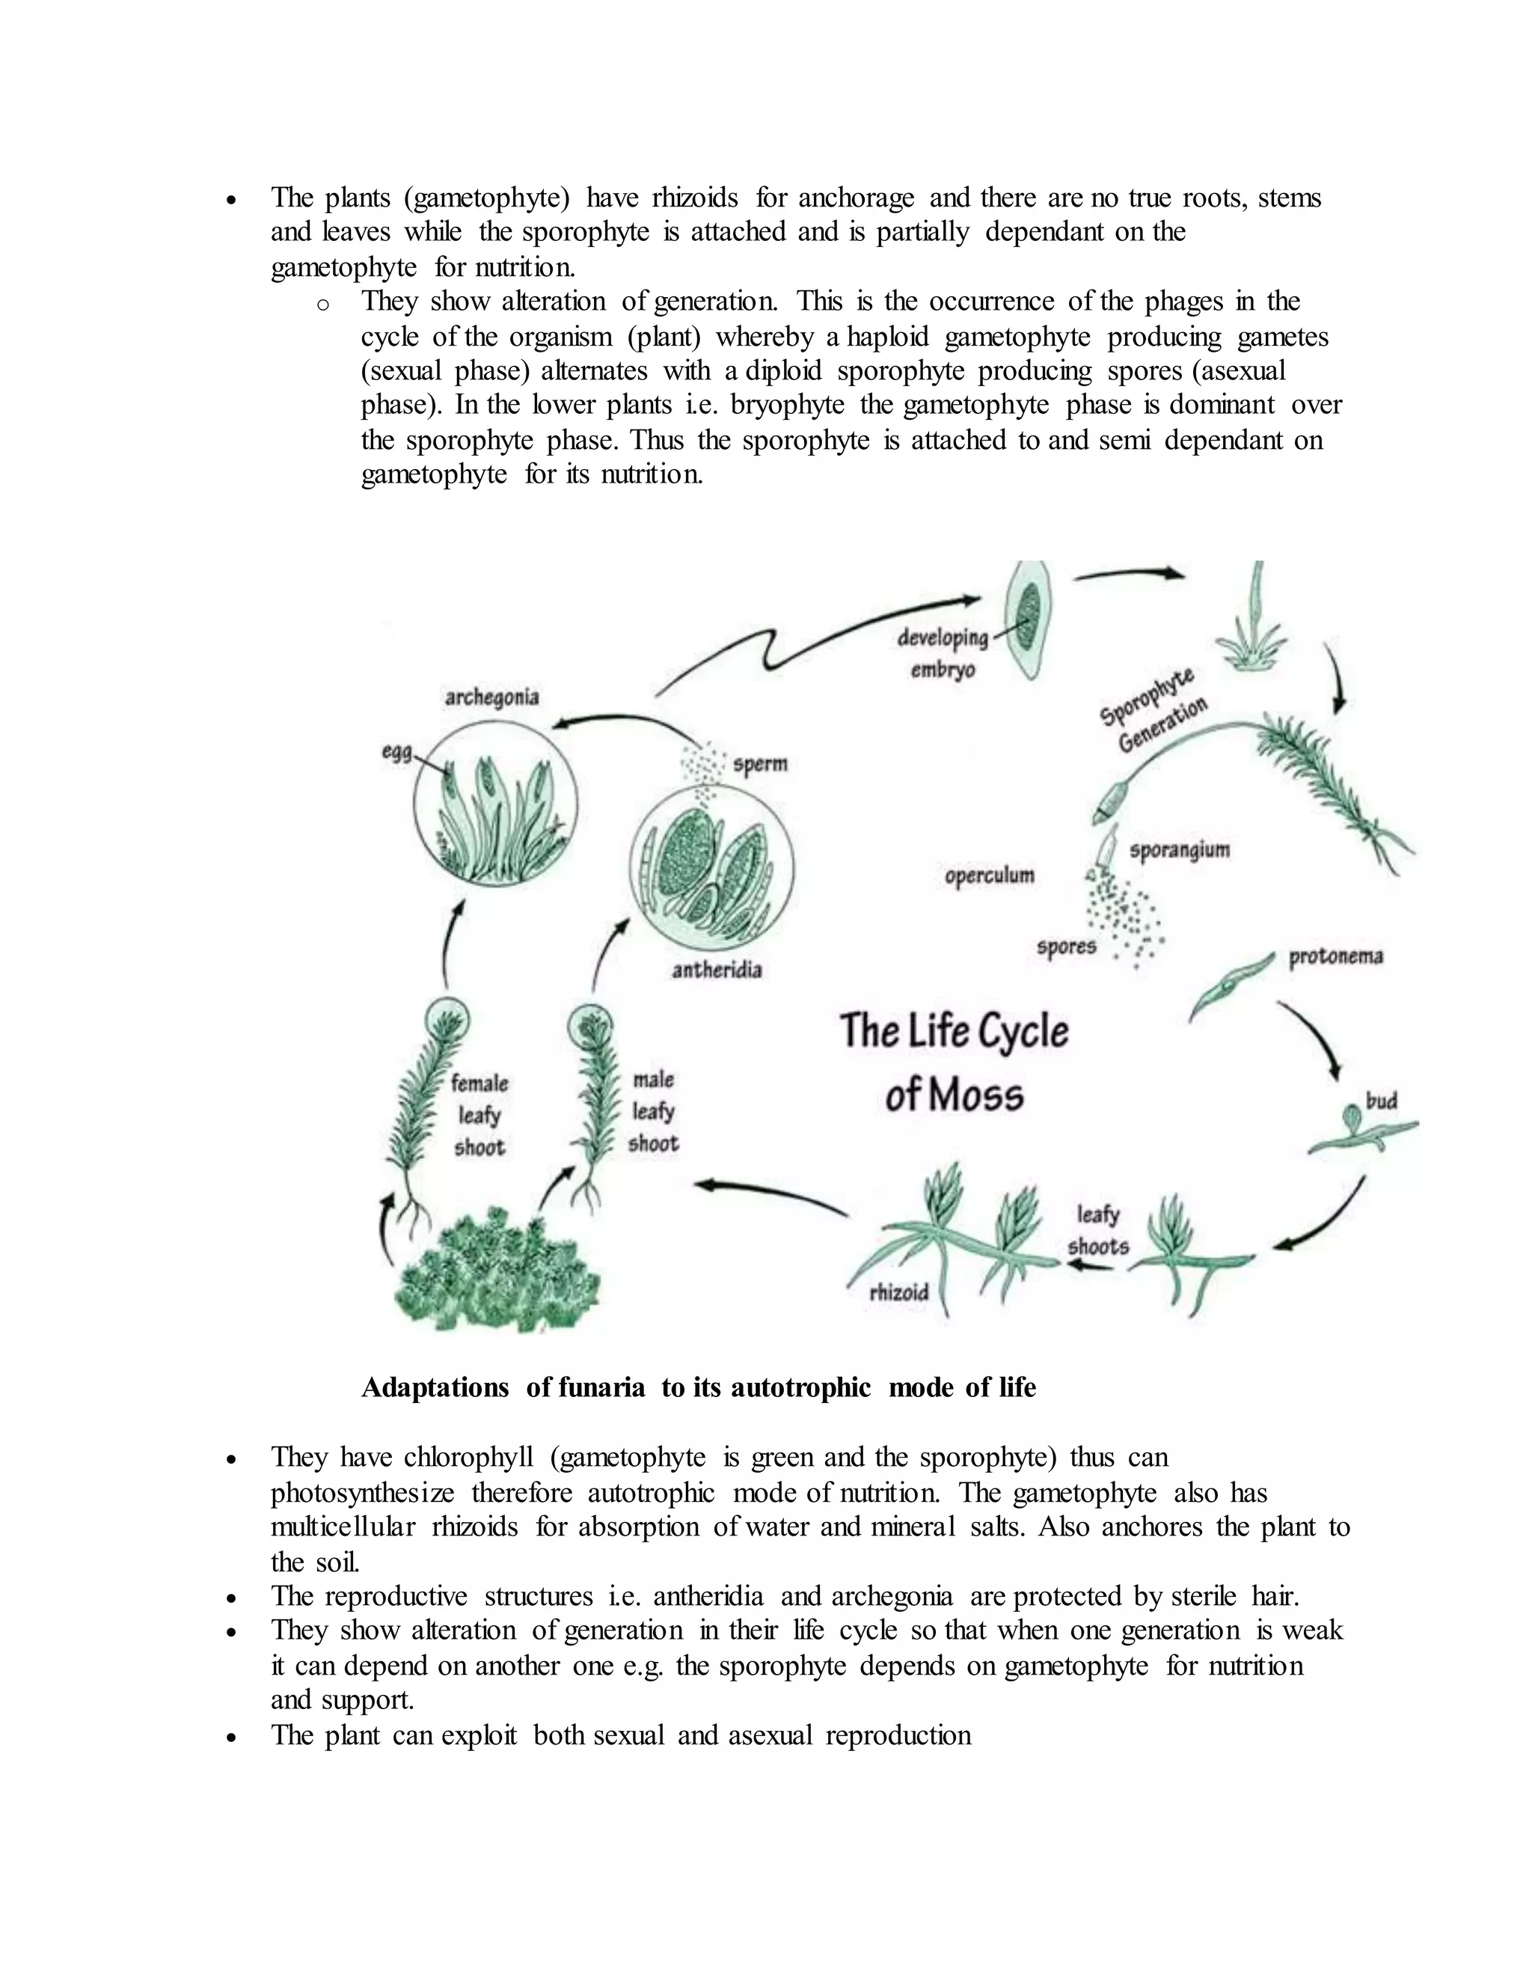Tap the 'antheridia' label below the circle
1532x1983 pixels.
[x=716, y=971]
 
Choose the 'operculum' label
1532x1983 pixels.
[x=989, y=876]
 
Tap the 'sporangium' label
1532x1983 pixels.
[x=1179, y=851]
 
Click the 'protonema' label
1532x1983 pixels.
[x=1335, y=957]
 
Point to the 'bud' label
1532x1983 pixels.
[x=1380, y=1102]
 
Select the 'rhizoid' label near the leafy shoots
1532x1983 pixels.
[x=898, y=1292]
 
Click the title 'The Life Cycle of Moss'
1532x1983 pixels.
[x=954, y=1063]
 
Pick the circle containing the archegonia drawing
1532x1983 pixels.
[x=494, y=804]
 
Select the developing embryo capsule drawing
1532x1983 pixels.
[x=1029, y=620]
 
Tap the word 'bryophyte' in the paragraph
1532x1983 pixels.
[x=787, y=405]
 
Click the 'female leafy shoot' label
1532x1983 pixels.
[x=479, y=1115]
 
